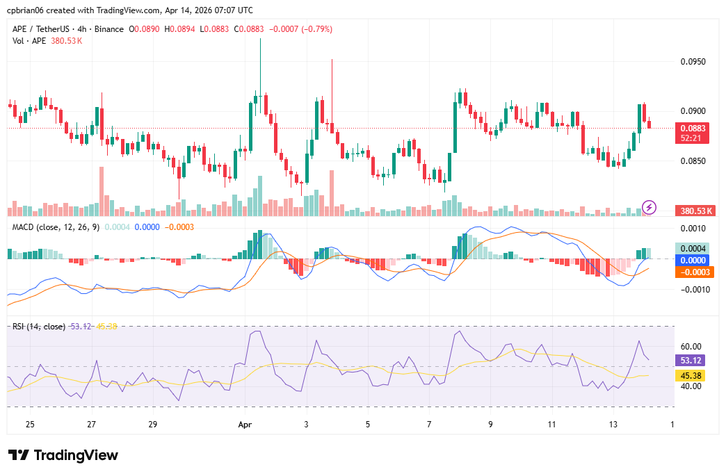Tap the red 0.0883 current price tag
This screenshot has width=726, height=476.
tap(693, 129)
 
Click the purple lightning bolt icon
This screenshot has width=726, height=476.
tap(649, 206)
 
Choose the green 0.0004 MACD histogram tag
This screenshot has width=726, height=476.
tap(693, 248)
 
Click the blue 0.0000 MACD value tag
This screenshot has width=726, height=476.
tap(693, 260)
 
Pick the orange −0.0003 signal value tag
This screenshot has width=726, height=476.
tap(693, 272)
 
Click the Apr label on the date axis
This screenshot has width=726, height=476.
tap(243, 424)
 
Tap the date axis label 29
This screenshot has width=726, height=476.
tap(153, 424)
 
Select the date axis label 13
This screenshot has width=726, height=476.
tap(613, 424)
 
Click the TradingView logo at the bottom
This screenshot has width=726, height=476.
tap(63, 455)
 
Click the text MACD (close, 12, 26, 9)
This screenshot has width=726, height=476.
tap(56, 227)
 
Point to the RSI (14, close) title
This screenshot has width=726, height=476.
tap(39, 327)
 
